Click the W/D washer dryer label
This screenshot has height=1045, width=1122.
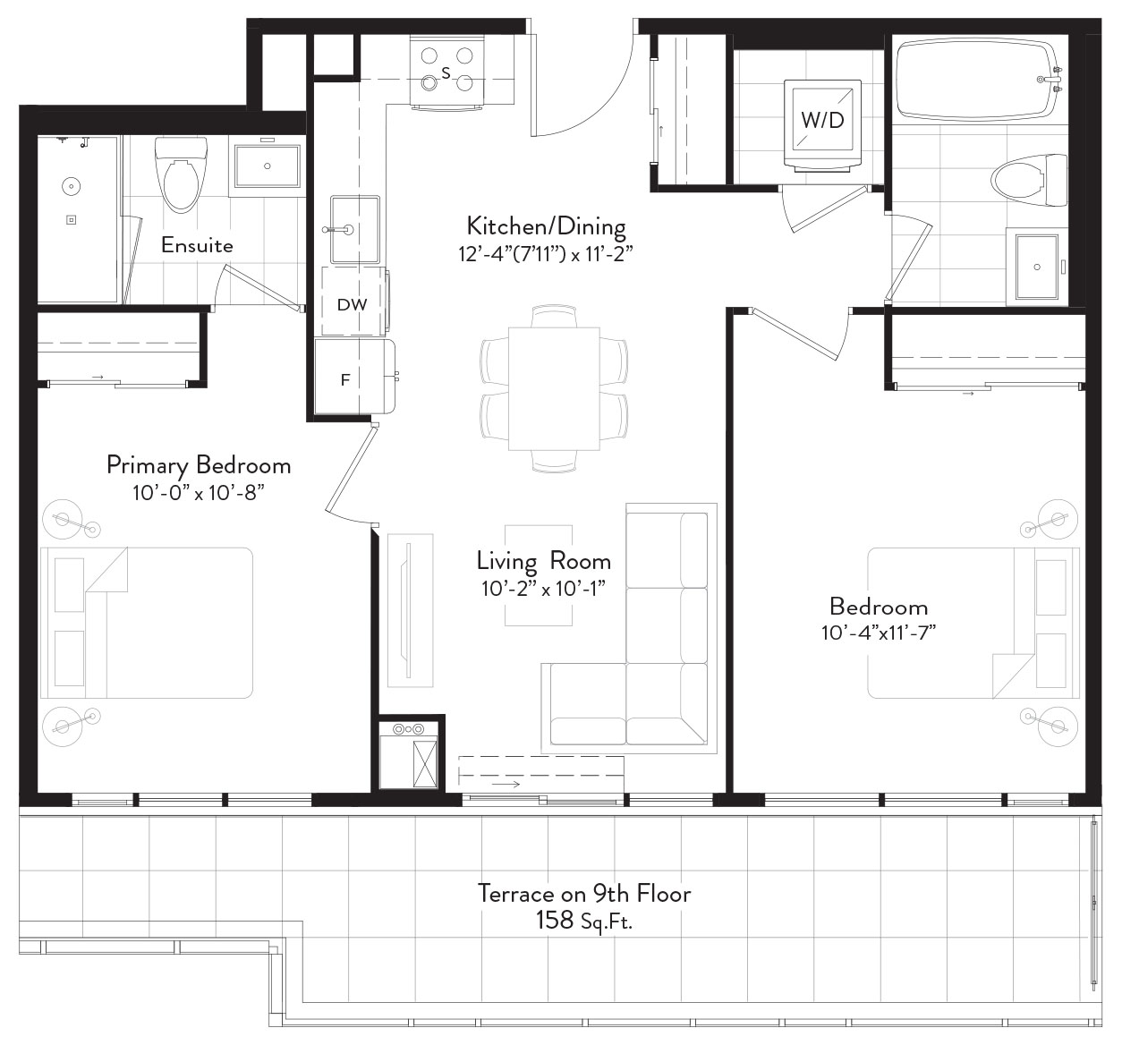[822, 121]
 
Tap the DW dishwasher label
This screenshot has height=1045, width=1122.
[352, 305]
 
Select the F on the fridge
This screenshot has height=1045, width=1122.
[345, 380]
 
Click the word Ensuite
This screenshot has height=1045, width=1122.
[197, 245]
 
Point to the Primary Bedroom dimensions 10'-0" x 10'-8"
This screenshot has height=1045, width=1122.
[199, 493]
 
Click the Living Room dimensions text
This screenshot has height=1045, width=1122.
[543, 589]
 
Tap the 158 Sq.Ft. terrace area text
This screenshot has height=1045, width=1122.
[584, 921]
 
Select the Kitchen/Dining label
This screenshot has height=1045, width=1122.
[546, 226]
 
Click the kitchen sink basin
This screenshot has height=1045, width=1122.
[355, 229]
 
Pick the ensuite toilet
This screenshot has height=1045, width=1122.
[181, 174]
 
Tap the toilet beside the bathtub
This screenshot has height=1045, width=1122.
[1029, 181]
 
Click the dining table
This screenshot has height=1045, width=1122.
[554, 389]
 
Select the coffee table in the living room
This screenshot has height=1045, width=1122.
[539, 575]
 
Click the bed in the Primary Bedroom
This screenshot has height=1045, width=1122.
[147, 622]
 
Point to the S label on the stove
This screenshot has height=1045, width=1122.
[446, 72]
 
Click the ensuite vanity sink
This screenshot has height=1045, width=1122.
[268, 166]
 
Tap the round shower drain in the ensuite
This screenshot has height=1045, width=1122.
[72, 186]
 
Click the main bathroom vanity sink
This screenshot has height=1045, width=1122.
[1037, 267]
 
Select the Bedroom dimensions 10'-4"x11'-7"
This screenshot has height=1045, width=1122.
[879, 633]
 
